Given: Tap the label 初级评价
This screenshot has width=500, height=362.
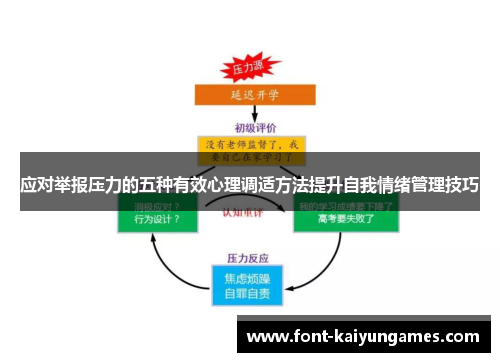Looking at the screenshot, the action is point(252,127).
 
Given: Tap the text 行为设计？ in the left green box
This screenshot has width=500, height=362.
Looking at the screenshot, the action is point(149,219).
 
